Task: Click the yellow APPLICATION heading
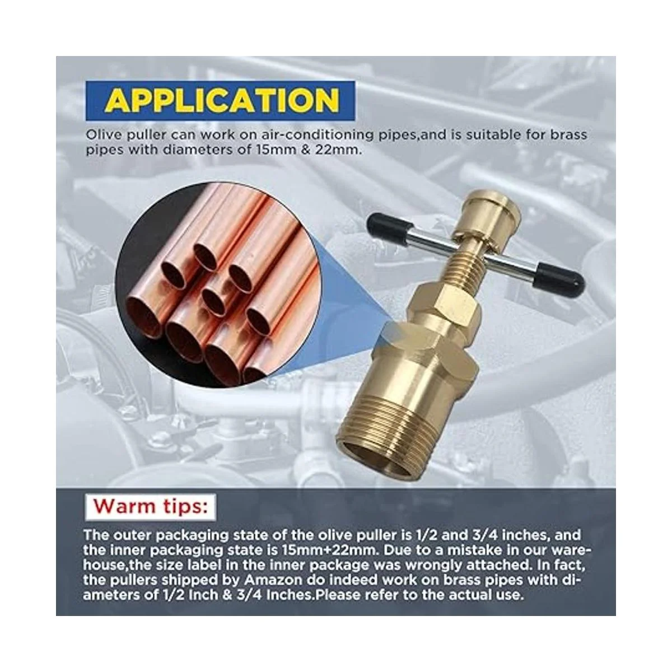[x=222, y=101]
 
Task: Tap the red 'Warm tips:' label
[x=150, y=506]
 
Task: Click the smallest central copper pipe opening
[x=213, y=302]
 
